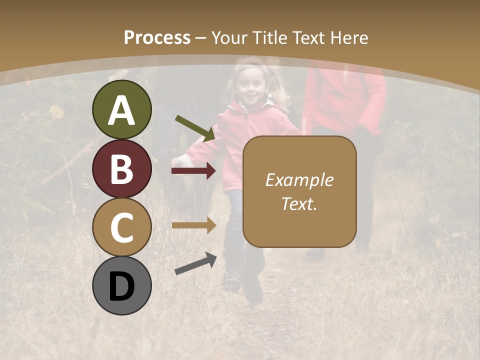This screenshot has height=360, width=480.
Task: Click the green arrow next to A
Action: coord(195,128)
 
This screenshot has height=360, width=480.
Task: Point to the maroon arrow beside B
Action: coord(193,171)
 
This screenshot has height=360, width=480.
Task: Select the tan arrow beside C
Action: coord(193,225)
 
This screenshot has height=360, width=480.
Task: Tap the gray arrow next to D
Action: coord(195,263)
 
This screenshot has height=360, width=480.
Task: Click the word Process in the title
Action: coord(157,38)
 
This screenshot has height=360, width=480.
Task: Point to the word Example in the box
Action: coord(299,180)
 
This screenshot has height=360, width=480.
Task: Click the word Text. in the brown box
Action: coord(299,203)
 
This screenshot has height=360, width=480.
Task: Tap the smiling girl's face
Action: coord(251,86)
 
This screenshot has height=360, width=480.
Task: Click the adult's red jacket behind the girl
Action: coord(345,100)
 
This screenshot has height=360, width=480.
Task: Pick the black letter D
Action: coord(122,286)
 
